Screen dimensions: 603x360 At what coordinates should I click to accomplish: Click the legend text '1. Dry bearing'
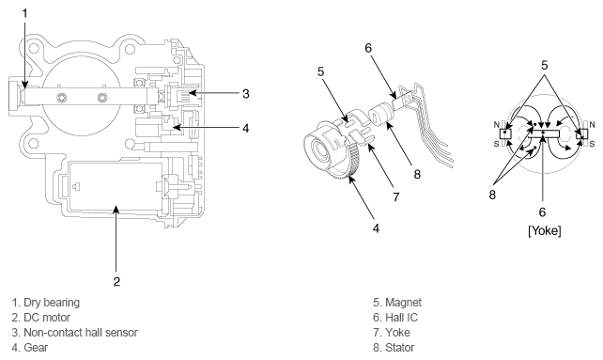(46, 303)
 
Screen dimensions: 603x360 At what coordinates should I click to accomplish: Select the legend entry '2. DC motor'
(40, 318)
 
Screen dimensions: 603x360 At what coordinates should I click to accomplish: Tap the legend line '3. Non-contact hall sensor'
(74, 333)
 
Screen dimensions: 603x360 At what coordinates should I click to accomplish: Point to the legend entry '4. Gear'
(30, 347)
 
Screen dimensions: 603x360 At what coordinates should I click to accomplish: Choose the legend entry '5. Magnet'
(397, 303)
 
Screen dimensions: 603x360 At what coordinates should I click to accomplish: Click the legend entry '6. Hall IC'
(395, 318)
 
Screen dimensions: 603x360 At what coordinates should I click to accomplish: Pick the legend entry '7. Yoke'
(392, 333)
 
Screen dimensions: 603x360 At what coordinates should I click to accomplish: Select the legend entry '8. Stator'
(394, 347)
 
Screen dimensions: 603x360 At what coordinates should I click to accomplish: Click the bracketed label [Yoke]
(545, 230)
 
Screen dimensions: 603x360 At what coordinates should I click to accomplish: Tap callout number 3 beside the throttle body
(246, 94)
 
